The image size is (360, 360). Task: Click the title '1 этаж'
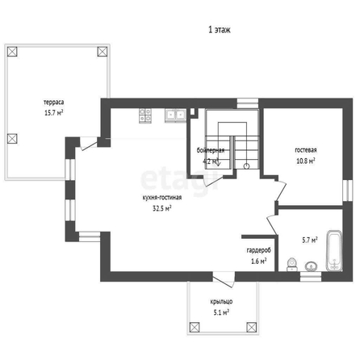click(x=220, y=30)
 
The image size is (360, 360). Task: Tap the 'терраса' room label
click(x=54, y=103)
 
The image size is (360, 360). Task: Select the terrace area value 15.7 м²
click(x=54, y=112)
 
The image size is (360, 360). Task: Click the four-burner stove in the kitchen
click(x=145, y=115)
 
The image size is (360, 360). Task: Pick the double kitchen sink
click(x=175, y=115)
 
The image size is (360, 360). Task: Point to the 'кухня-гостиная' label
click(x=162, y=198)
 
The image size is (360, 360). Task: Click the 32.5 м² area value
click(x=162, y=208)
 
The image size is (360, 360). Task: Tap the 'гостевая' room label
click(x=306, y=150)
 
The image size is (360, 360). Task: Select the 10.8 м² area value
click(x=306, y=161)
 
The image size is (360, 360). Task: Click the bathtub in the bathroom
click(x=334, y=251)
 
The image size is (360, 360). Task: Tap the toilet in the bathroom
click(x=292, y=265)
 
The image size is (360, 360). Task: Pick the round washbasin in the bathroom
click(x=311, y=266)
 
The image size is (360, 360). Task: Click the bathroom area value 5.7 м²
click(x=310, y=240)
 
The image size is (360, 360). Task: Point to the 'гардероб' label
click(x=259, y=250)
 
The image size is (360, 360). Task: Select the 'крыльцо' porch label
click(x=221, y=302)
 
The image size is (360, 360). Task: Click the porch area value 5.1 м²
click(x=221, y=312)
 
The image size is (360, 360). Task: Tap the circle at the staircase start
click(x=246, y=166)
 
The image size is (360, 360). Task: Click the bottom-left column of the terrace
click(x=12, y=139)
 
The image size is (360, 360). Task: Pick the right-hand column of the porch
click(x=252, y=327)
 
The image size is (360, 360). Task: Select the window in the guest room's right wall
click(x=348, y=190)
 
